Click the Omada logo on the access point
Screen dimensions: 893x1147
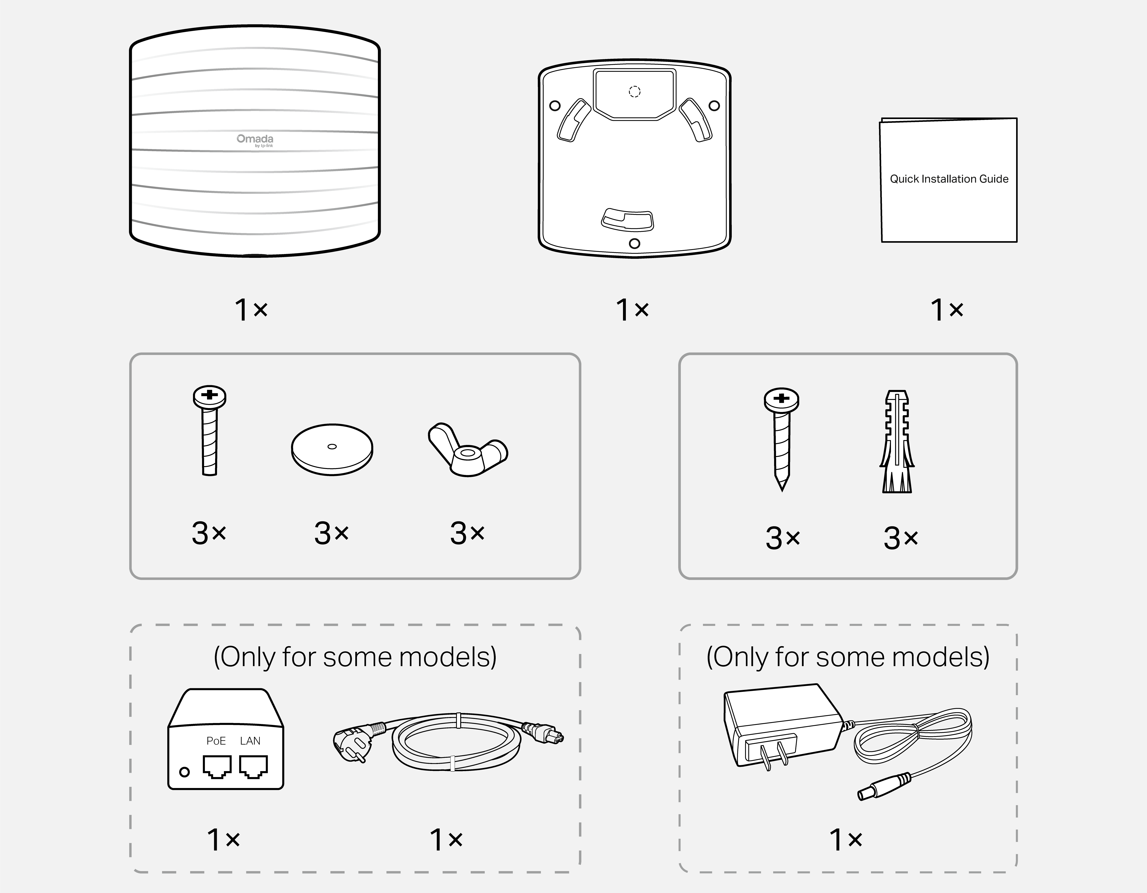255,140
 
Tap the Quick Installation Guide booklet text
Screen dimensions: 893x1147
949,179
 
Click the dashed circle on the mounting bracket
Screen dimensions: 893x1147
634,92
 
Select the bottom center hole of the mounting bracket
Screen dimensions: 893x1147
634,244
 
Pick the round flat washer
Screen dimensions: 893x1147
332,449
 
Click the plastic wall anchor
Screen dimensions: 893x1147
897,441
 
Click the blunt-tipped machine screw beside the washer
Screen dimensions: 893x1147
210,431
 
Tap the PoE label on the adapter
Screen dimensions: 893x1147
216,741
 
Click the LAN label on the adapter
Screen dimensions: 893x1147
250,741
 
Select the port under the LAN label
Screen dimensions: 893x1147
253,767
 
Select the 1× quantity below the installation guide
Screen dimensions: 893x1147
946,310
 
